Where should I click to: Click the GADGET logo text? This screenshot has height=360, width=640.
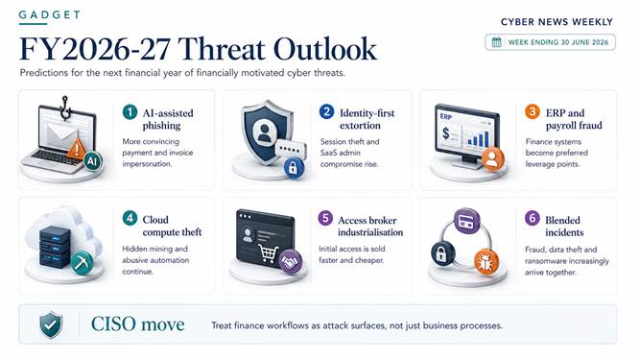click(x=49, y=15)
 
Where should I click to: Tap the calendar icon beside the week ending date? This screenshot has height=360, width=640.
click(x=496, y=42)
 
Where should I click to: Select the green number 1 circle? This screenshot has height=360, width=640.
click(x=130, y=111)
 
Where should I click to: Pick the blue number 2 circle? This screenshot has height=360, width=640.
click(x=326, y=111)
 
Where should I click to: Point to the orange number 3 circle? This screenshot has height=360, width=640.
click(x=533, y=111)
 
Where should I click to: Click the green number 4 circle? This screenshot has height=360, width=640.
click(x=130, y=218)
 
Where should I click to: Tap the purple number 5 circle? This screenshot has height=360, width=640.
click(x=325, y=218)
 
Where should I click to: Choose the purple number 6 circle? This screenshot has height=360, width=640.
click(x=533, y=218)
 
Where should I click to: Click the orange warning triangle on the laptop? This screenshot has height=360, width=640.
click(x=77, y=149)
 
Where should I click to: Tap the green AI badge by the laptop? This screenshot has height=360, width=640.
click(x=93, y=161)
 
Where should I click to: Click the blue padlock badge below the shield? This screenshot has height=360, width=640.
click(x=293, y=167)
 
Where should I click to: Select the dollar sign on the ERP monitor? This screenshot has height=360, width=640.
click(x=446, y=133)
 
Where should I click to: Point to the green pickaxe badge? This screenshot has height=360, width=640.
click(x=83, y=262)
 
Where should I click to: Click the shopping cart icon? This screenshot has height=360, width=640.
click(x=269, y=253)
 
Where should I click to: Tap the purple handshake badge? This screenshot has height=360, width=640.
click(x=291, y=261)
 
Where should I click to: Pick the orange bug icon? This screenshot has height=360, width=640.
click(x=486, y=261)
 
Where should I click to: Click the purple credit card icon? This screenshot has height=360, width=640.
click(x=467, y=221)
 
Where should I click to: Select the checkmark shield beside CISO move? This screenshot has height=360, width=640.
click(x=51, y=324)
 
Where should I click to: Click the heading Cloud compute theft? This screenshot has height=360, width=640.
click(x=172, y=226)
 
